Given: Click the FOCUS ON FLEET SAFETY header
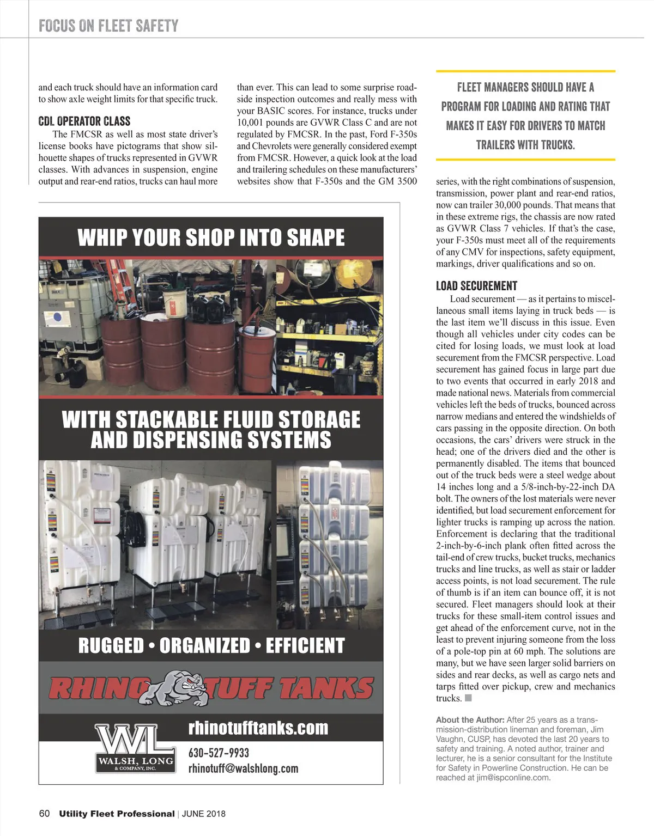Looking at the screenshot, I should pyautogui.click(x=108, y=26).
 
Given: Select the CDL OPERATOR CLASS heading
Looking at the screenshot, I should pyautogui.click(x=84, y=121).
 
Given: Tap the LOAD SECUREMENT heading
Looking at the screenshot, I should pyautogui.click(x=476, y=286).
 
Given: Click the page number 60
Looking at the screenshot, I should pyautogui.click(x=44, y=814).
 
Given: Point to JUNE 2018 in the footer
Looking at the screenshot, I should pyautogui.click(x=203, y=814).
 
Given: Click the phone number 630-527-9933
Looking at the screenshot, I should pyautogui.click(x=219, y=753).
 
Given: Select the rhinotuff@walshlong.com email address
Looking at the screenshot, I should pyautogui.click(x=243, y=768).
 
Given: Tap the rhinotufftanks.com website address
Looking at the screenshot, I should pyautogui.click(x=258, y=728).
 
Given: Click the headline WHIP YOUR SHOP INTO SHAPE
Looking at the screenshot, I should pyautogui.click(x=211, y=237).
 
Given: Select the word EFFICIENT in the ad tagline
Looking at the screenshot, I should pyautogui.click(x=305, y=645).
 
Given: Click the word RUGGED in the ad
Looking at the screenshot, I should pyautogui.click(x=111, y=645).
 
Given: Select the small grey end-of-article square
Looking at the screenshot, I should pyautogui.click(x=468, y=698).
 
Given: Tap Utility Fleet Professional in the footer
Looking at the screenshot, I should pyautogui.click(x=117, y=814).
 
